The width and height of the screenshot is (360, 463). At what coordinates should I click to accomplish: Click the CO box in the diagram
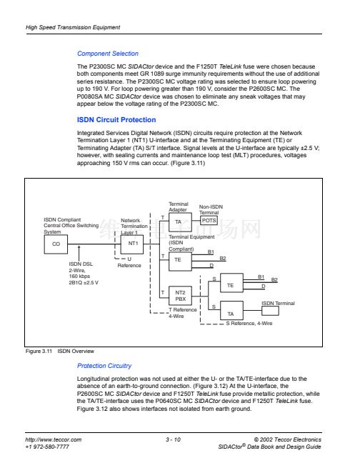[x=56, y=244]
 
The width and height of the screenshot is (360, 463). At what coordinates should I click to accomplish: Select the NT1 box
[x=132, y=244]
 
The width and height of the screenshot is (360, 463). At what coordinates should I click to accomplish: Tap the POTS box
[x=209, y=221]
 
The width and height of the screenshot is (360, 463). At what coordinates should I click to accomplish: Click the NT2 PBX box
[x=180, y=296]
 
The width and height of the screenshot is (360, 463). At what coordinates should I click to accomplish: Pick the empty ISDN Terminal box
[x=270, y=311]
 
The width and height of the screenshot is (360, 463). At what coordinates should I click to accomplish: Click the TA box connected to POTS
[x=180, y=222]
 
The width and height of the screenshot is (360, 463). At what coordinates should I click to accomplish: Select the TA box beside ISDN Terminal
[x=231, y=311]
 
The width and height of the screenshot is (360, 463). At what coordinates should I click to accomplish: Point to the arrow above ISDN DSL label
[x=79, y=252]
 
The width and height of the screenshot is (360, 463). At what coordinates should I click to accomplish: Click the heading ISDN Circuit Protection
[x=116, y=120]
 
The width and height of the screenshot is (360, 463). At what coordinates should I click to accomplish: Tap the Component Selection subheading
[x=108, y=54]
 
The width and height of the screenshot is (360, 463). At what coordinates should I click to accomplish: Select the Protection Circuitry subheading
[x=104, y=366]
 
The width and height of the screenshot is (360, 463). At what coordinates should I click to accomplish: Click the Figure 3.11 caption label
[x=39, y=351]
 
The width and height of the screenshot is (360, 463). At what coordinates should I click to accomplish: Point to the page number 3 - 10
[x=173, y=439]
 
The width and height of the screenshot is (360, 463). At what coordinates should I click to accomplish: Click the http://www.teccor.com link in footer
[x=54, y=439]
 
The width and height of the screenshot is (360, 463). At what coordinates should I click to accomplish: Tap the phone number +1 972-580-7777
[x=47, y=447]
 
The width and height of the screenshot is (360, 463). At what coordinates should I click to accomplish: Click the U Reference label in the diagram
[x=129, y=262]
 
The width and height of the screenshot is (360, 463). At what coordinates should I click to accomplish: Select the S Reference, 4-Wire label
[x=249, y=324]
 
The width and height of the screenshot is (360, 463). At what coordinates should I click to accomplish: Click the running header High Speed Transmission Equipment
[x=73, y=27]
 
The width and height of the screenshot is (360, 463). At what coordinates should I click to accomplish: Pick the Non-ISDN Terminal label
[x=211, y=209]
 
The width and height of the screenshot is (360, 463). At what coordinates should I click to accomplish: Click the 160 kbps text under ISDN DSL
[x=79, y=277]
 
